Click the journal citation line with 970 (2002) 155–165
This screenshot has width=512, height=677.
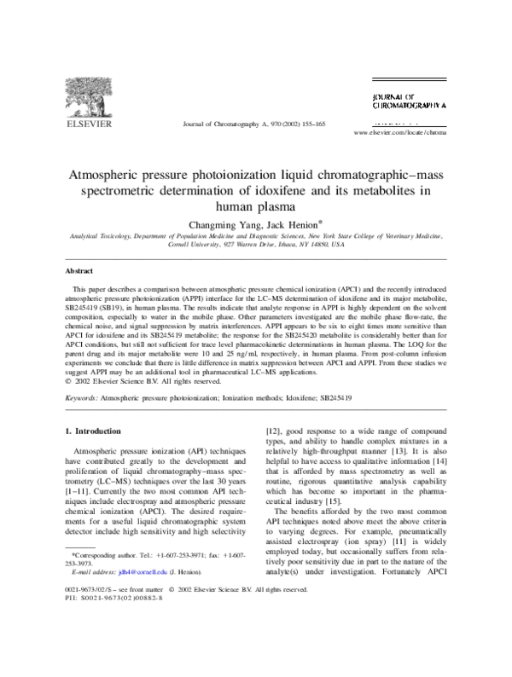254,124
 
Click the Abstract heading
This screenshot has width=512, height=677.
79,270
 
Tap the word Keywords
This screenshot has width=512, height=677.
82,397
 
